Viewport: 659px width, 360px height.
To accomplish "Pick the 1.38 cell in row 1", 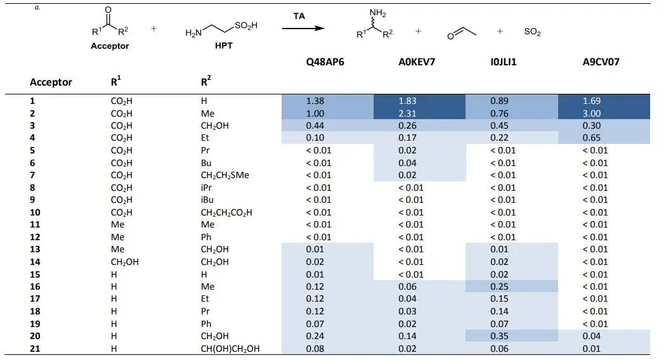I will click(315, 101).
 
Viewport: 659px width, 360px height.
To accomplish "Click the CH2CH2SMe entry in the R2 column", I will click(225, 175).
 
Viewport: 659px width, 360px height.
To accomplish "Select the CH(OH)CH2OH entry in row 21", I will click(230, 348).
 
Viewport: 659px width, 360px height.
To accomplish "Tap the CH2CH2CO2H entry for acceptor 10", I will click(226, 212).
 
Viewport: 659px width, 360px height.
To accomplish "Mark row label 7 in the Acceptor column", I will click(32, 175).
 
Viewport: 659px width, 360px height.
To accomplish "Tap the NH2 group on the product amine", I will click(379, 15).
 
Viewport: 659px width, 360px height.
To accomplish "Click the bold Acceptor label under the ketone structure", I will click(110, 46).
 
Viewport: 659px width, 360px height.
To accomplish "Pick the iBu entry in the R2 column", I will click(206, 200).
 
